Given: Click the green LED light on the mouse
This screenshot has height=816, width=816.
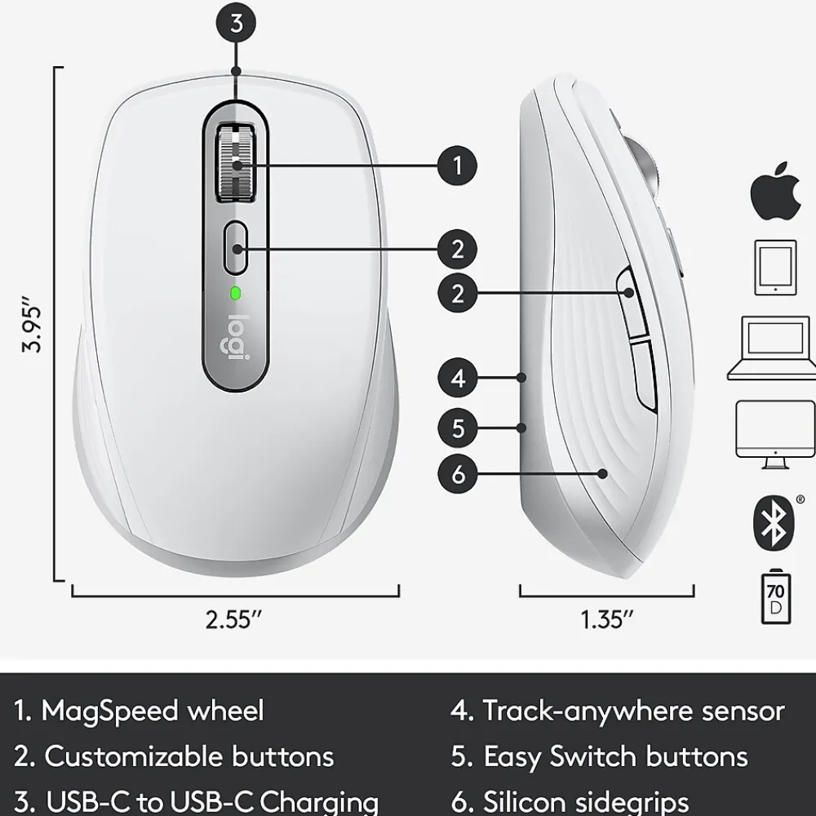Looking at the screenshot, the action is pyautogui.click(x=236, y=294).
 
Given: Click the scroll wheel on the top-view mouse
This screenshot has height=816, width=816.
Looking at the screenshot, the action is pyautogui.click(x=236, y=162).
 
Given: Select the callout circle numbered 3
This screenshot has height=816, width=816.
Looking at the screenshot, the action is pyautogui.click(x=237, y=24).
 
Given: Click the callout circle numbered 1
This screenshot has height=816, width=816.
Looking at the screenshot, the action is pyautogui.click(x=458, y=166).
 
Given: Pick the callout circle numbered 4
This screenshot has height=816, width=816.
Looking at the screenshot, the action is pyautogui.click(x=458, y=379).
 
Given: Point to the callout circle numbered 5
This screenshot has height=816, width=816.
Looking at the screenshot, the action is pyautogui.click(x=458, y=428).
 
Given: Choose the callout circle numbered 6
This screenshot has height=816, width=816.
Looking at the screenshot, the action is pyautogui.click(x=458, y=474).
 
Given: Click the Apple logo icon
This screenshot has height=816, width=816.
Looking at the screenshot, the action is pyautogui.click(x=775, y=191).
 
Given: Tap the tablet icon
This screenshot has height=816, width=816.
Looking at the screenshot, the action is pyautogui.click(x=775, y=268).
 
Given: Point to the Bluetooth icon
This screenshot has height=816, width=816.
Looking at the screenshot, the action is pyautogui.click(x=774, y=522).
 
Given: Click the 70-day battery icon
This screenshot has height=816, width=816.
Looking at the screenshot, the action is pyautogui.click(x=776, y=596).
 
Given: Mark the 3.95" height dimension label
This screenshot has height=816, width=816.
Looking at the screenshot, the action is pyautogui.click(x=32, y=325).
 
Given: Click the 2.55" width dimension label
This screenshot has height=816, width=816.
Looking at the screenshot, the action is pyautogui.click(x=233, y=619).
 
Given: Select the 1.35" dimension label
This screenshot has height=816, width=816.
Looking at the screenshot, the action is pyautogui.click(x=607, y=619).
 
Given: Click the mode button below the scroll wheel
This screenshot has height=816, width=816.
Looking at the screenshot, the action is pyautogui.click(x=236, y=248).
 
